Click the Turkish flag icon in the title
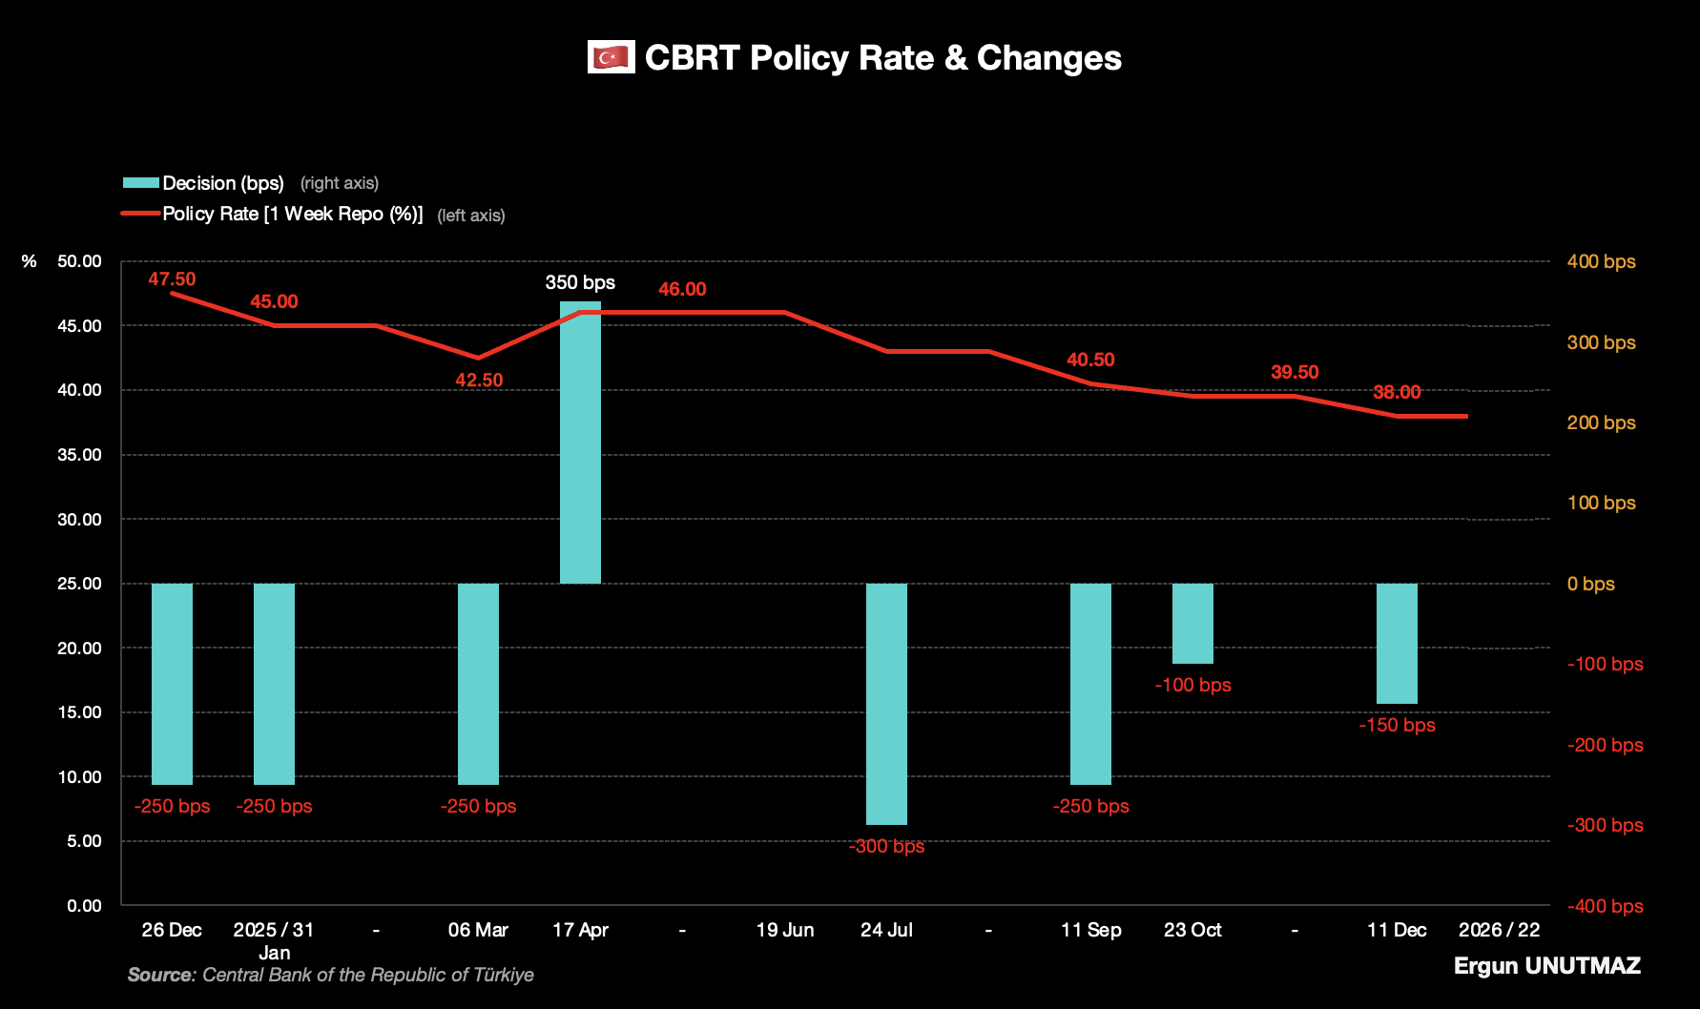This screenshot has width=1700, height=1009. point(611,58)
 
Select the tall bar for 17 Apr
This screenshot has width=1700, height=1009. point(580,443)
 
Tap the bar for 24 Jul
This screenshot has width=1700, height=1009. point(886,704)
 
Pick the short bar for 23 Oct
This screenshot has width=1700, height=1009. point(1192,624)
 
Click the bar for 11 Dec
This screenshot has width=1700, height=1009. point(1397,644)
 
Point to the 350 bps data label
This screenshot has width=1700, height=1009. point(580,282)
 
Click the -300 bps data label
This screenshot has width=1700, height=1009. point(886,846)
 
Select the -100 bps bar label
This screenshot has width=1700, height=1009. point(1192,685)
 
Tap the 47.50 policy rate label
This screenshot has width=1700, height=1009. point(172,279)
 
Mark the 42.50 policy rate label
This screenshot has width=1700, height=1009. point(479,380)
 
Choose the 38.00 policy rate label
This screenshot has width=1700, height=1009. point(1397,392)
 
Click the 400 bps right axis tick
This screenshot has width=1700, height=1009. point(1601,261)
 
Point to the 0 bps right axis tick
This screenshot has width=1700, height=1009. point(1590,584)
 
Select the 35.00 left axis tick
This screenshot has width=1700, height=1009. point(79,455)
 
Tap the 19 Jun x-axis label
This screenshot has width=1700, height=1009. point(785,930)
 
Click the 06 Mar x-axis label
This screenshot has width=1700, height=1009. point(478,930)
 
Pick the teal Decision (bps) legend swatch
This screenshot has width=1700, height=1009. point(140,183)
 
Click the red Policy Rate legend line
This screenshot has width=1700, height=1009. point(140,214)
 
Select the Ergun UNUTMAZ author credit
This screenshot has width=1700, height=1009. point(1546,966)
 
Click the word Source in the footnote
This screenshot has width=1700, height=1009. point(161,975)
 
